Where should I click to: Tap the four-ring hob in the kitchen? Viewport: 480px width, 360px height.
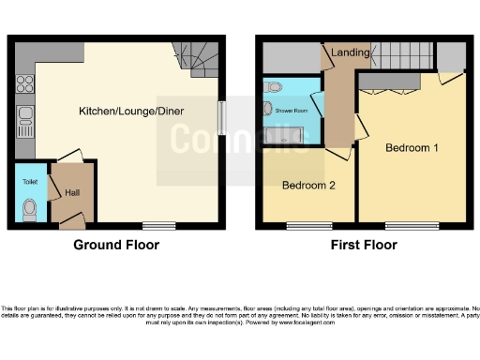click(x=23, y=84)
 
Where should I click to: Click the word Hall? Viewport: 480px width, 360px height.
click(x=72, y=193)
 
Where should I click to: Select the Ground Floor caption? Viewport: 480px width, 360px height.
click(x=116, y=245)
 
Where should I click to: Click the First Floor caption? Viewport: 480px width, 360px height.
click(x=363, y=245)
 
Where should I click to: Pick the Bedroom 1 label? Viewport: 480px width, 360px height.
click(x=412, y=148)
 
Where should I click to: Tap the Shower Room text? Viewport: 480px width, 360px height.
click(x=290, y=111)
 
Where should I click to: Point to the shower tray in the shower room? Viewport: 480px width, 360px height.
click(x=290, y=137)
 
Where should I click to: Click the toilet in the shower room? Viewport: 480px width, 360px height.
click(x=273, y=87)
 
